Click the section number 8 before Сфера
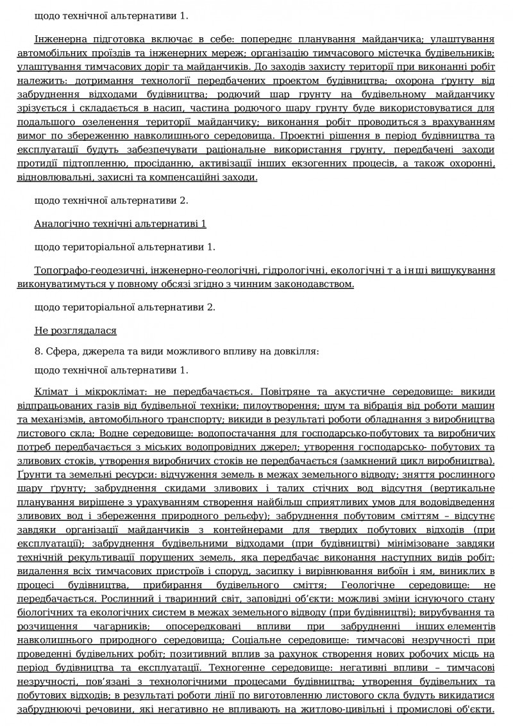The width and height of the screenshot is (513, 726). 37,351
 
